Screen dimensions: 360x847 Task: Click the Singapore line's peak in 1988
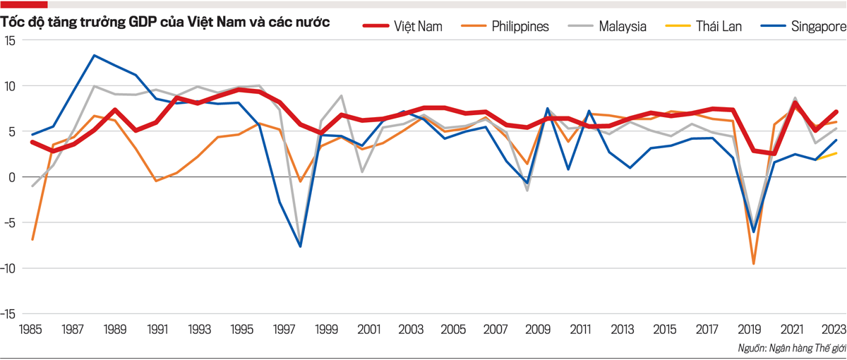[95, 55]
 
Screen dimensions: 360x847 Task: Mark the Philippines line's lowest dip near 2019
[754, 264]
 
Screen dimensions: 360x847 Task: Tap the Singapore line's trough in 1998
[301, 246]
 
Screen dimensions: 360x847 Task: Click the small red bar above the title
[24, 4]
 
